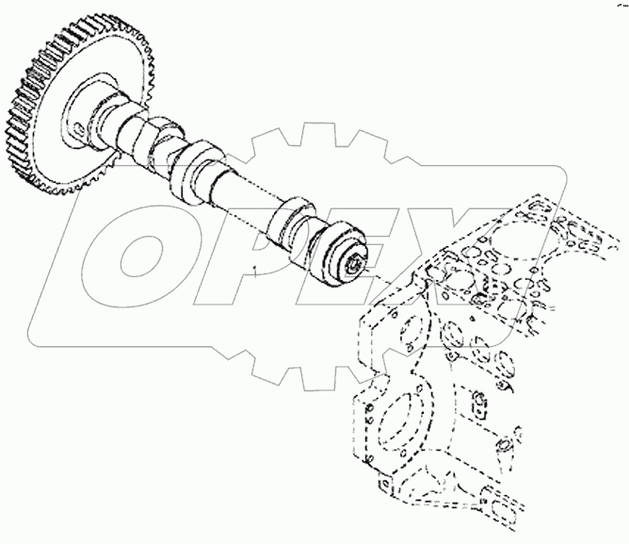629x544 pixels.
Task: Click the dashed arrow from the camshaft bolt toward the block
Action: pos(371,276)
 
